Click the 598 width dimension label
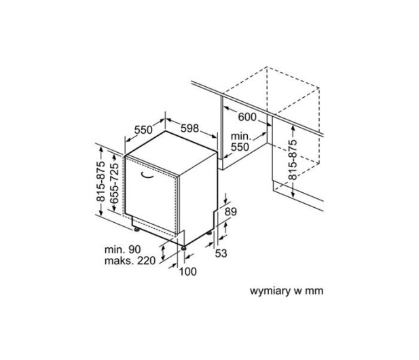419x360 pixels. click(189, 128)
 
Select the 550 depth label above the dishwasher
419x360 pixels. click(143, 130)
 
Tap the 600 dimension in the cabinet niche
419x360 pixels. click(247, 117)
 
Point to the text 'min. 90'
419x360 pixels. click(123, 249)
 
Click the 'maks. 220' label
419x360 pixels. click(130, 260)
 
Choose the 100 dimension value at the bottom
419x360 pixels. click(188, 272)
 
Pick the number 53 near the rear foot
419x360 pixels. click(221, 253)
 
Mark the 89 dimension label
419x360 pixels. click(231, 212)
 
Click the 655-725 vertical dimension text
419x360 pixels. click(114, 183)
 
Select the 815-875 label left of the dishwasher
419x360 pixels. click(101, 181)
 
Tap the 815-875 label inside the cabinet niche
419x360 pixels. click(293, 160)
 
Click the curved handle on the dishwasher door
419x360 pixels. click(147, 175)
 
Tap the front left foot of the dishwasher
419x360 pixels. click(136, 229)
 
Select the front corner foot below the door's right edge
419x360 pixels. click(184, 248)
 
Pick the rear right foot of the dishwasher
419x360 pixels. click(208, 233)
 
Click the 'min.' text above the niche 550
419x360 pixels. click(241, 136)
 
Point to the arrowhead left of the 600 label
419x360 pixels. click(226, 108)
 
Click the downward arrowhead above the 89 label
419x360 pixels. click(226, 201)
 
